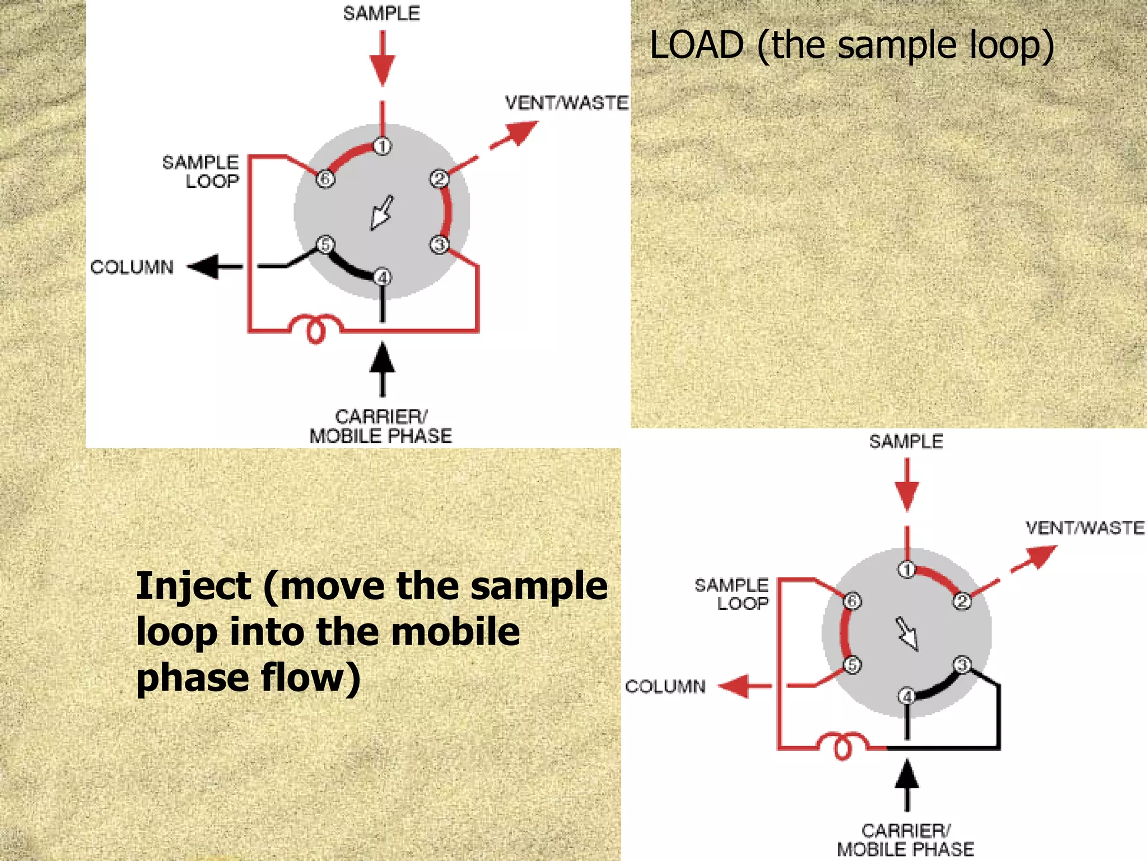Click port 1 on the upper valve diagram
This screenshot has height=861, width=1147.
pyautogui.click(x=383, y=146)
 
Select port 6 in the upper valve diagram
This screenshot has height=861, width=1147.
pyautogui.click(x=325, y=179)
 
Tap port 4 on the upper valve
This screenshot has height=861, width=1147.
pyautogui.click(x=383, y=277)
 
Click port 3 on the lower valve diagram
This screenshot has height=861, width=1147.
pyautogui.click(x=962, y=665)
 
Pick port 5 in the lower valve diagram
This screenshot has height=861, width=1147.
pyautogui.click(x=852, y=665)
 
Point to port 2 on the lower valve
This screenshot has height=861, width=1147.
pyautogui.click(x=962, y=601)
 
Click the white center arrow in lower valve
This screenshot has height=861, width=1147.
pyautogui.click(x=907, y=634)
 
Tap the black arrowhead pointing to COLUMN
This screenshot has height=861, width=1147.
pyautogui.click(x=203, y=266)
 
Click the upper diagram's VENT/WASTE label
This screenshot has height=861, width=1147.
pyautogui.click(x=566, y=103)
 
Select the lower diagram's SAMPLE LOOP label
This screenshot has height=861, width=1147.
pyautogui.click(x=732, y=594)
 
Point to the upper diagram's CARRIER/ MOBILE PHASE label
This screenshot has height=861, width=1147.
pyautogui.click(x=381, y=427)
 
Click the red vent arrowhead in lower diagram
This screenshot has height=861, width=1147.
pyautogui.click(x=1042, y=556)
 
